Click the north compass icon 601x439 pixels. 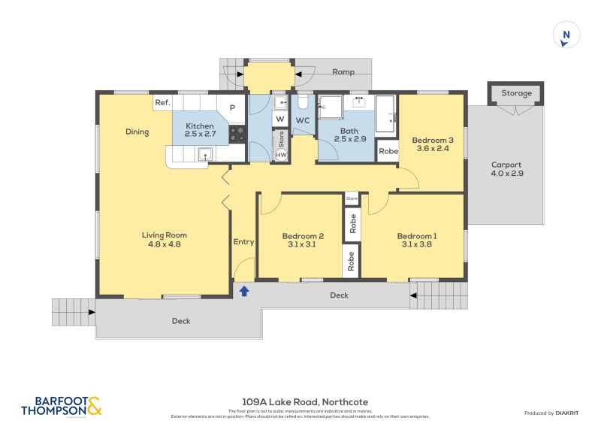click(566, 35)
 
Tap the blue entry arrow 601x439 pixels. click(243, 290)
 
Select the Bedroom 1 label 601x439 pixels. click(417, 241)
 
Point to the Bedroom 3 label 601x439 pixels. click(432, 144)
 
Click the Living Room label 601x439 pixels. click(163, 239)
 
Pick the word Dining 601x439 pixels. click(137, 132)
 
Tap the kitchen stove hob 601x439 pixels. click(237, 134)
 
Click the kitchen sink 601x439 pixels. click(205, 153)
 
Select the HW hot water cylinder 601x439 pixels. click(281, 155)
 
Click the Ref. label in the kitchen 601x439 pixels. click(162, 102)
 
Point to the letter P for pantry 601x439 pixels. click(232, 107)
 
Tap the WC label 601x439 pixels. click(303, 120)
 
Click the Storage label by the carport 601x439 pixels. click(516, 93)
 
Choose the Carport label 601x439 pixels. click(506, 169)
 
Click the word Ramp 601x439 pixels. click(343, 72)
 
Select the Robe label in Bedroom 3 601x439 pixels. click(388, 151)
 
